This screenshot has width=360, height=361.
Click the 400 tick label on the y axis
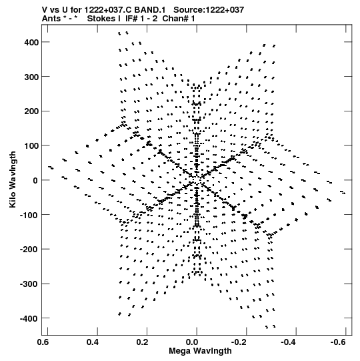[31, 42]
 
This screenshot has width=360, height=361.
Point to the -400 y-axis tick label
[29, 319]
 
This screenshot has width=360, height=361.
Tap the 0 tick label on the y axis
[35, 180]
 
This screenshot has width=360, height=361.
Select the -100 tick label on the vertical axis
[29, 216]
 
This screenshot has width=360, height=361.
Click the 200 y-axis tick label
[31, 111]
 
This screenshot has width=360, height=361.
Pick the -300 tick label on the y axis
[29, 284]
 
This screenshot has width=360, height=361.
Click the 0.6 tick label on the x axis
[43, 342]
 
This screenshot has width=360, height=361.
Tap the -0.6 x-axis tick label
[338, 342]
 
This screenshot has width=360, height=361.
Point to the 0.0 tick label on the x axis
[192, 342]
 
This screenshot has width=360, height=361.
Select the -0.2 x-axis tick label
[239, 342]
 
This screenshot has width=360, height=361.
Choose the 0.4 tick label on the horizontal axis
[93, 342]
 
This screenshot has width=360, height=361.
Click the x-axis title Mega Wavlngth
[200, 351]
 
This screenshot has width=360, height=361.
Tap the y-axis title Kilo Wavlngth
[13, 179]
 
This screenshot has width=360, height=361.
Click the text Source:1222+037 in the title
[209, 10]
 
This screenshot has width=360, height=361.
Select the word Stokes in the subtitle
[101, 19]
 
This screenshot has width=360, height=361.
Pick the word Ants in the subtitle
[51, 19]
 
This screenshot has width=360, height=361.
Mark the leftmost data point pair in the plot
[51, 167]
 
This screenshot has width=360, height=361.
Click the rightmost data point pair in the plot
[343, 192]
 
